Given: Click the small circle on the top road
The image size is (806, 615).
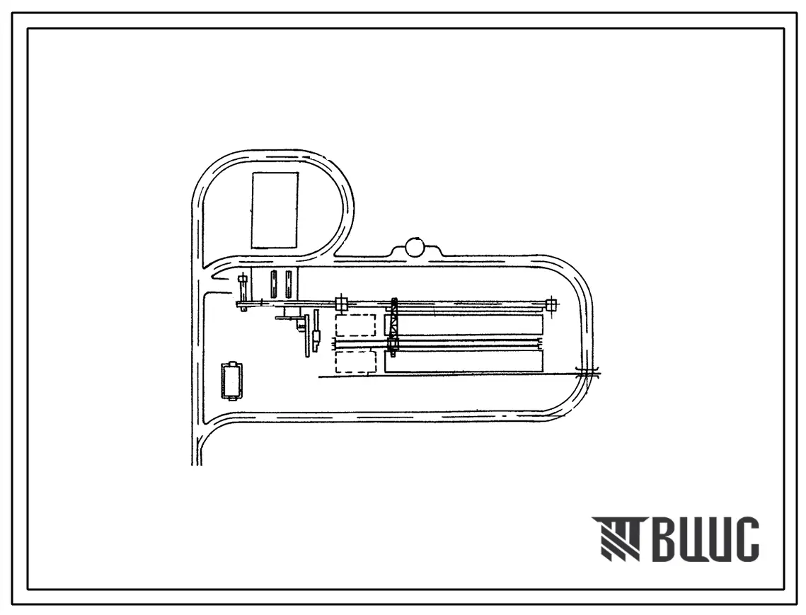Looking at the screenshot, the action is [414, 247].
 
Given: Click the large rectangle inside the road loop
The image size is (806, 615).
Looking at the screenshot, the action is [275, 210].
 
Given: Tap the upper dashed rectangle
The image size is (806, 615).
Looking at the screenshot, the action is [355, 326].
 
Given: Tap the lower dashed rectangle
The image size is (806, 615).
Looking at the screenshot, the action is [355, 362].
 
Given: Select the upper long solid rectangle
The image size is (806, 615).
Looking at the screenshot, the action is [464, 326].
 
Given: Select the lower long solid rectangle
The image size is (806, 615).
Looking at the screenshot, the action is [464, 362].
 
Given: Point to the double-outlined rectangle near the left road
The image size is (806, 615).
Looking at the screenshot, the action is [232, 381].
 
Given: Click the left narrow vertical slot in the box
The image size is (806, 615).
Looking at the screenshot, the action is [274, 284].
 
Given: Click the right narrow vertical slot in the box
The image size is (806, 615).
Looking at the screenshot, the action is [289, 284].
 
